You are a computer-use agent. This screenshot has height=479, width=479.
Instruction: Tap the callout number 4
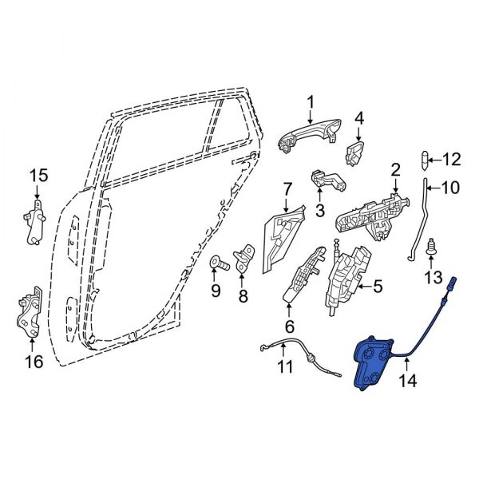(x=359, y=119)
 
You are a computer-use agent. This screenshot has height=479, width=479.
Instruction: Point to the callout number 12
(x=451, y=160)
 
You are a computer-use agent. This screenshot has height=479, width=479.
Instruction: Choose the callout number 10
(x=451, y=189)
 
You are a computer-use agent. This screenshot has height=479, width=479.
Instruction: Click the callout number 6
(x=289, y=326)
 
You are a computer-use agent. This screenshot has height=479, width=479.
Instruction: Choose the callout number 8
(x=243, y=295)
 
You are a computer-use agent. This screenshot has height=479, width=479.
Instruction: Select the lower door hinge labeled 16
(x=30, y=316)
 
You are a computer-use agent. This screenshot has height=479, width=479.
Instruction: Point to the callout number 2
(x=394, y=169)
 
